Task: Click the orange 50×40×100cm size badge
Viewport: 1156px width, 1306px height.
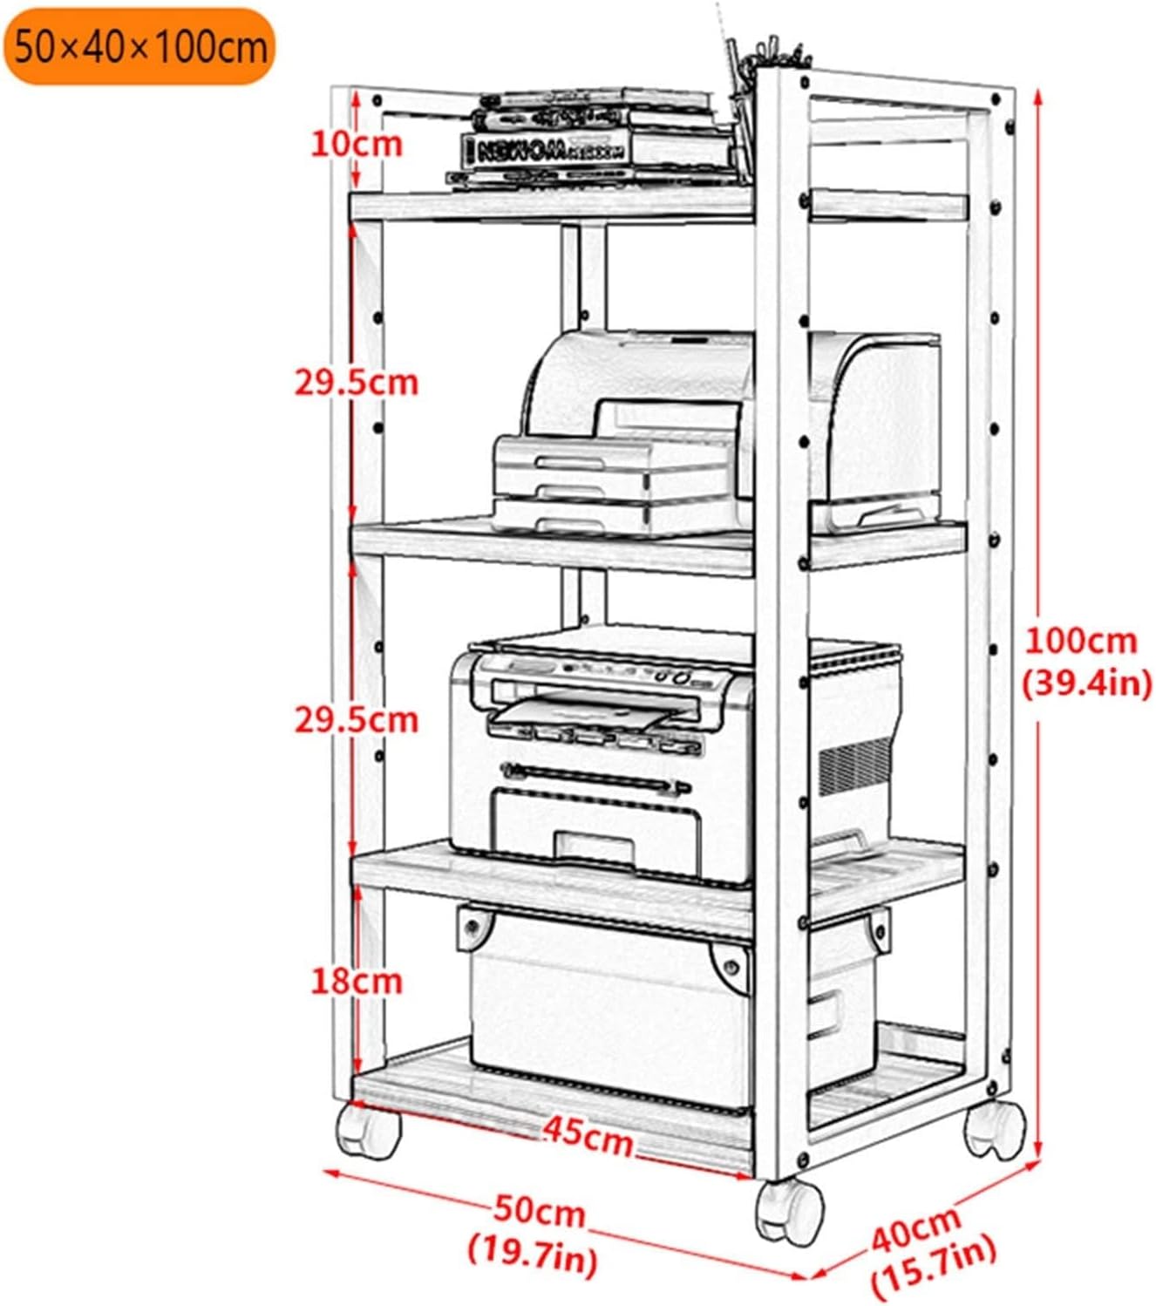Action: (139, 46)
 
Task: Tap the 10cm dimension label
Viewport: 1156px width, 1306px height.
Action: (357, 144)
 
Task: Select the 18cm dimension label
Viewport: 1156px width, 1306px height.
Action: (357, 981)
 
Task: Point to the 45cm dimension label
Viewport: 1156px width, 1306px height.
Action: (588, 1137)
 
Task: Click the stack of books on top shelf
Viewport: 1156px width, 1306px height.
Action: (593, 139)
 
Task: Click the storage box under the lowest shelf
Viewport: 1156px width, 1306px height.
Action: (610, 1011)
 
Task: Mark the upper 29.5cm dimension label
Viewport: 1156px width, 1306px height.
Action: (356, 382)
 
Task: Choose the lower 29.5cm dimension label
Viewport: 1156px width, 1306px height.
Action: (356, 719)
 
